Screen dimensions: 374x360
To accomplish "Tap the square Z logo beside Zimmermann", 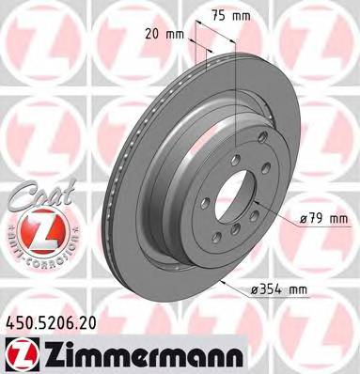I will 19,351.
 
